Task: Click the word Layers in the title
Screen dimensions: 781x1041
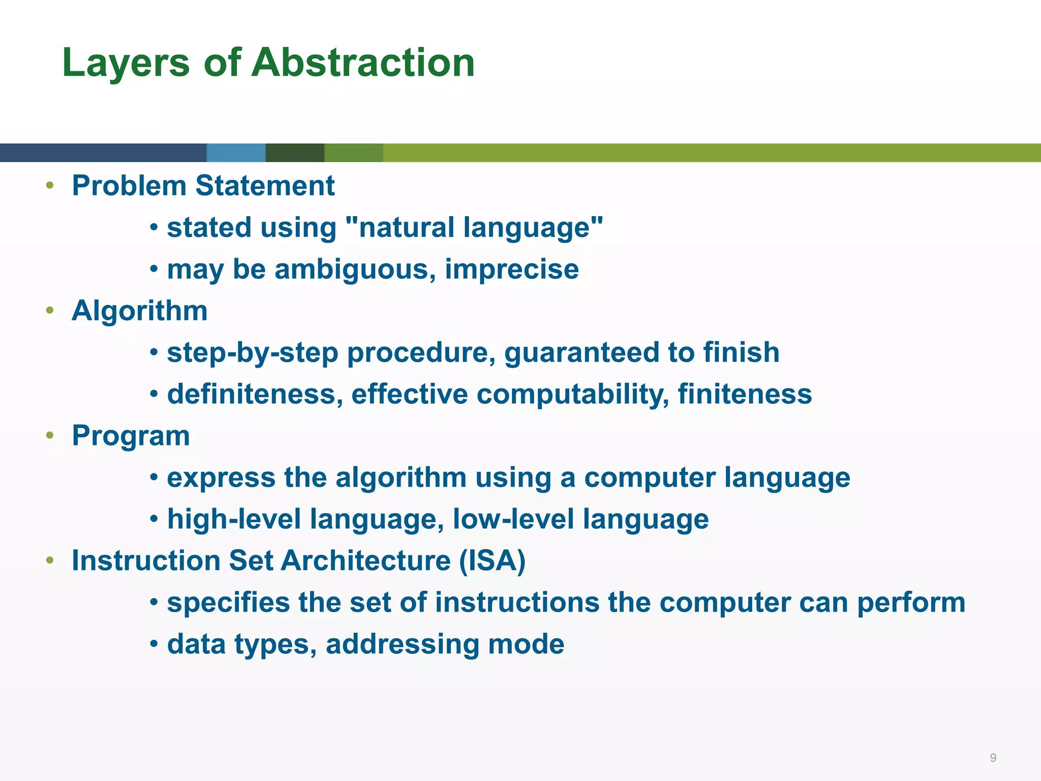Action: click(126, 62)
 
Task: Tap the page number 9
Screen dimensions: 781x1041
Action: click(993, 758)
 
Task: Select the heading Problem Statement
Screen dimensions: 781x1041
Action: click(203, 186)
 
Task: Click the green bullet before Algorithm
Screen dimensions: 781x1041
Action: click(49, 310)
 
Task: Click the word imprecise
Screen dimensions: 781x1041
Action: click(511, 269)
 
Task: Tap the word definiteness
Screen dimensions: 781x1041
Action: click(255, 394)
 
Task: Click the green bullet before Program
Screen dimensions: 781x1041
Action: click(49, 435)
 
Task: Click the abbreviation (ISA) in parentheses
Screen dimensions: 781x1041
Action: click(492, 561)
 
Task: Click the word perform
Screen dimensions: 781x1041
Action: click(911, 603)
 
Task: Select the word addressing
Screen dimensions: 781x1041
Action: click(402, 644)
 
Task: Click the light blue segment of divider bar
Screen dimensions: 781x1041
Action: click(236, 153)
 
